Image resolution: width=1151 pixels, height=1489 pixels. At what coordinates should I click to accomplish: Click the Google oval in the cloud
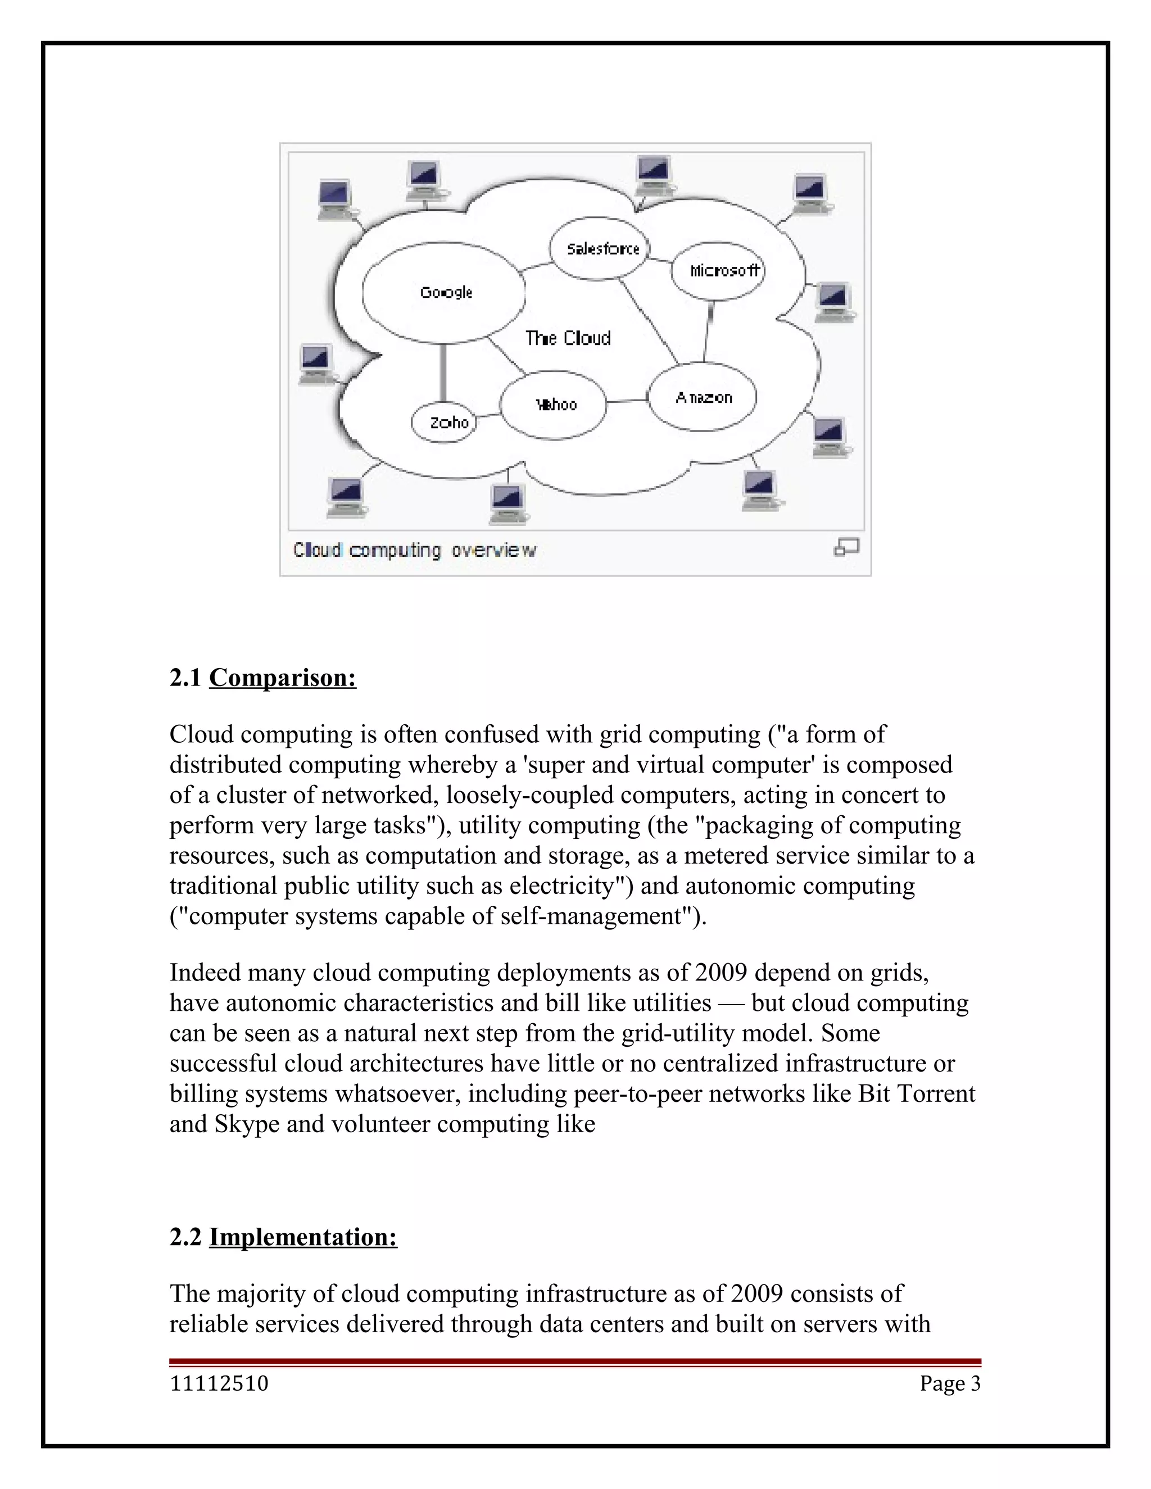[444, 293]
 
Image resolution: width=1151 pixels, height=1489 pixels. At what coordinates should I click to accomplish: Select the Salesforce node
[601, 249]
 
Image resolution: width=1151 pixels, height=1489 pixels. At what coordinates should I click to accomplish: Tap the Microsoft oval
[719, 271]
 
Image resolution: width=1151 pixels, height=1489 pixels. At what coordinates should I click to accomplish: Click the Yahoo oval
[554, 405]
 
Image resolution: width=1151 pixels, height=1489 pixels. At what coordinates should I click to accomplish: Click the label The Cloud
[568, 338]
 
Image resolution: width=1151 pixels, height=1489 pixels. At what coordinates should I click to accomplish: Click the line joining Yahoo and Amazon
[626, 401]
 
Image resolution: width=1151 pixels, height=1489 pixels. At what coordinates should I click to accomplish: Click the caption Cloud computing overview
[415, 550]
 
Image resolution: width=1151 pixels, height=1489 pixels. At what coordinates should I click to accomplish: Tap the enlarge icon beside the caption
[846, 547]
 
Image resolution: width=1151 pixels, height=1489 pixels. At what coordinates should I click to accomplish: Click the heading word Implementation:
[303, 1237]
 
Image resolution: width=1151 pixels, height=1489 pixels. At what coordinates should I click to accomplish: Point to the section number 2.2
[185, 1237]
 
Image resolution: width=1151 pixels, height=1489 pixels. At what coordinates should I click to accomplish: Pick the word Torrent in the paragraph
[936, 1093]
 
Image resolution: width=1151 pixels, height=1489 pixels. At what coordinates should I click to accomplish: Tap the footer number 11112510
[219, 1383]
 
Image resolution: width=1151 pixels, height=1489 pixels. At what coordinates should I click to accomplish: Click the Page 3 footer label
[949, 1383]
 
